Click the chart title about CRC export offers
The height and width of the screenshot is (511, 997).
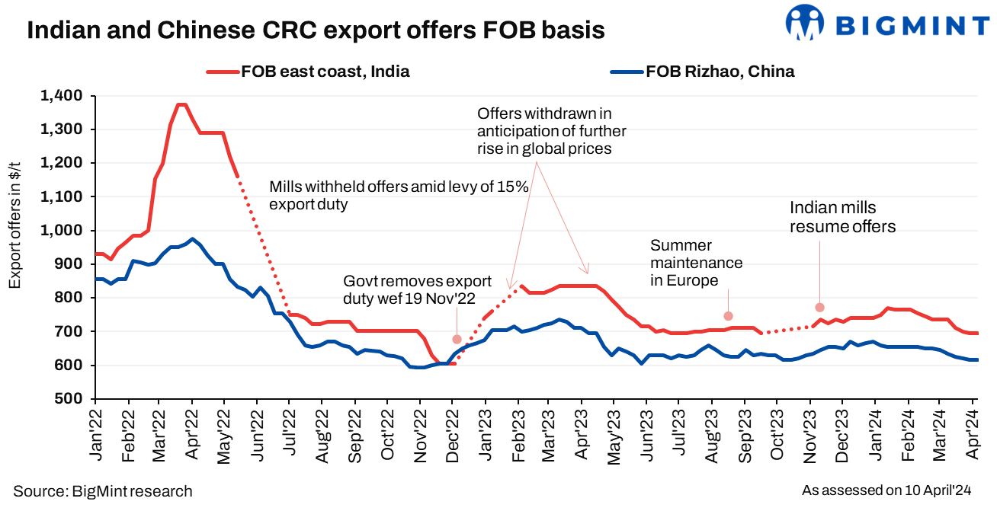316,30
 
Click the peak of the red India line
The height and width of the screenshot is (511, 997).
181,104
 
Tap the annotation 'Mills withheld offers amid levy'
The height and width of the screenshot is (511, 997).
399,196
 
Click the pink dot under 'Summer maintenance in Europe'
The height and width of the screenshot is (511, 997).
728,316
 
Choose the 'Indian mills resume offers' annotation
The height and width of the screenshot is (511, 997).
842,216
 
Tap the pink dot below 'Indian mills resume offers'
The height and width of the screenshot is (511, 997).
819,308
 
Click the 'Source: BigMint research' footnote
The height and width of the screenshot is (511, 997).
103,491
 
